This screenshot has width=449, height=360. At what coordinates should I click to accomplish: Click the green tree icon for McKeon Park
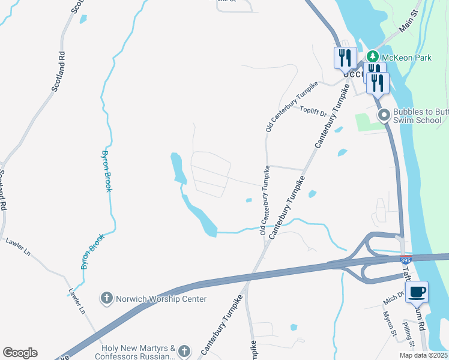[x=372, y=56]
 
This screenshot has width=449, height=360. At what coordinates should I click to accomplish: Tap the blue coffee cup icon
[x=417, y=292]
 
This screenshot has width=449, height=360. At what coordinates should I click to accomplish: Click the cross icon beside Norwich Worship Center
[x=107, y=298]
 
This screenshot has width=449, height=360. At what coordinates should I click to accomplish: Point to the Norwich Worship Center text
[x=161, y=299]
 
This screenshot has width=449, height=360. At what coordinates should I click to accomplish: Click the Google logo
[x=20, y=353]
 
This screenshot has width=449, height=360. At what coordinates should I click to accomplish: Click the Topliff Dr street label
[x=313, y=112]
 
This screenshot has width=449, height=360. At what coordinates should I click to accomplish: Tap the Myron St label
[x=390, y=323]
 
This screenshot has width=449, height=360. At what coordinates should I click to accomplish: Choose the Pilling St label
[x=408, y=334]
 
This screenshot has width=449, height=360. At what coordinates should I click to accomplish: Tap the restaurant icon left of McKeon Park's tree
[x=345, y=58]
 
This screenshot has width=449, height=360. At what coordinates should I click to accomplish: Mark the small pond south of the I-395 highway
[x=294, y=328]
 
